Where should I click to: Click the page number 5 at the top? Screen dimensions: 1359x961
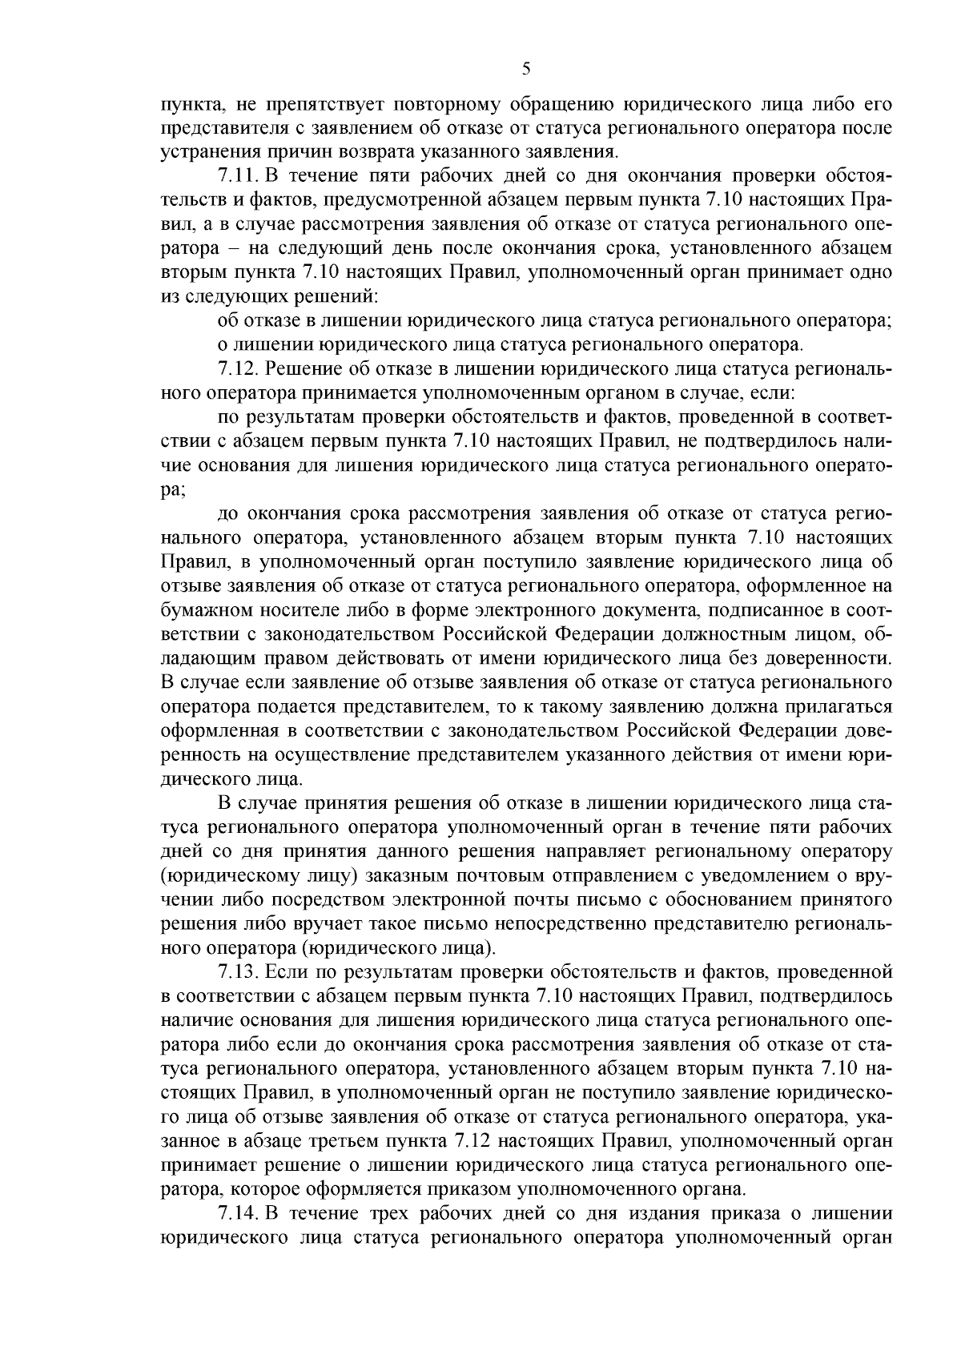pyautogui.click(x=526, y=69)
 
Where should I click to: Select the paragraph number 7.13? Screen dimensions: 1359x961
pyautogui.click(x=238, y=972)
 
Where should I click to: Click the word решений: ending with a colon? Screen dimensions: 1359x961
pyautogui.click(x=340, y=296)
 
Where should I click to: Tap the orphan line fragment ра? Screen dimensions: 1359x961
pyautogui.click(x=173, y=489)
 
